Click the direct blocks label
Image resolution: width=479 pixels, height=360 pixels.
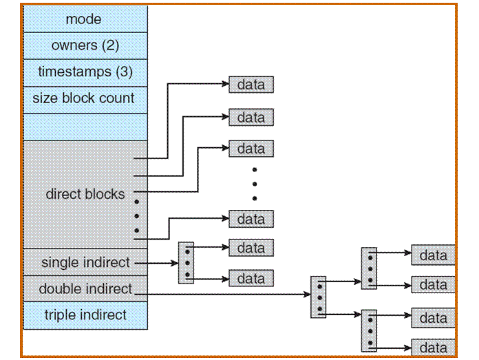(85, 194)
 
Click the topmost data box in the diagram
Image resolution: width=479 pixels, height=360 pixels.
(251, 85)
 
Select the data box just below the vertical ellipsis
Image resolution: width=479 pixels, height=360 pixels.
(251, 219)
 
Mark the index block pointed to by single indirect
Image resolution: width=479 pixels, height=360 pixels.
(186, 262)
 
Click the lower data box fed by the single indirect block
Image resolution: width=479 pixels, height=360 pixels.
(251, 279)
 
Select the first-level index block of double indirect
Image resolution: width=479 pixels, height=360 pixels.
(318, 297)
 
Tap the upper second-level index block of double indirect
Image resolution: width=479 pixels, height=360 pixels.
(369, 268)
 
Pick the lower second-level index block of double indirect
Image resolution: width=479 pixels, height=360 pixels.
(369, 331)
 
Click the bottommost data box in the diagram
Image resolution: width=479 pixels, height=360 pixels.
(433, 347)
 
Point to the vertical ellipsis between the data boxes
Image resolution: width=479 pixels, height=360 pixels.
(254, 184)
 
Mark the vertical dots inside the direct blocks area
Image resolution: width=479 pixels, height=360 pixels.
(136, 216)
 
